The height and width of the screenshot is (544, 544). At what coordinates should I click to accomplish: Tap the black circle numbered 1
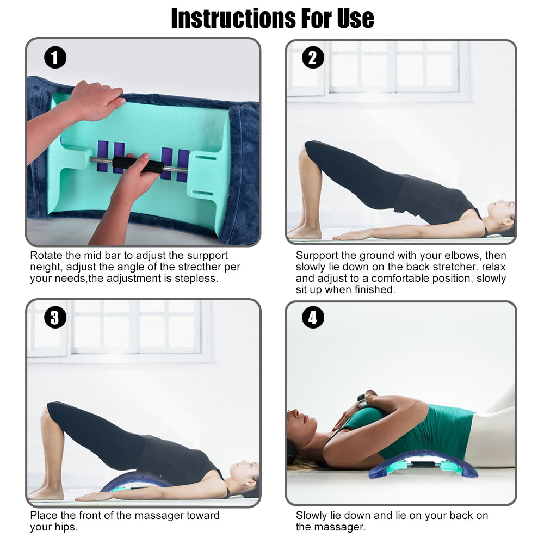click(x=55, y=58)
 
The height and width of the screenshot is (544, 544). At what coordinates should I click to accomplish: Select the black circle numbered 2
click(x=313, y=58)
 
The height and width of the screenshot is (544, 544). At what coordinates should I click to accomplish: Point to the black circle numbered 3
click(x=55, y=318)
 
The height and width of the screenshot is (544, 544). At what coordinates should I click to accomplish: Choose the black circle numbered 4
click(x=313, y=318)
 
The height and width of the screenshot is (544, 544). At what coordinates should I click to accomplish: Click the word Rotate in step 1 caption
click(x=46, y=255)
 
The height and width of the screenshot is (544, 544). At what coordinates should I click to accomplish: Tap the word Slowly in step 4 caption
click(x=312, y=516)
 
